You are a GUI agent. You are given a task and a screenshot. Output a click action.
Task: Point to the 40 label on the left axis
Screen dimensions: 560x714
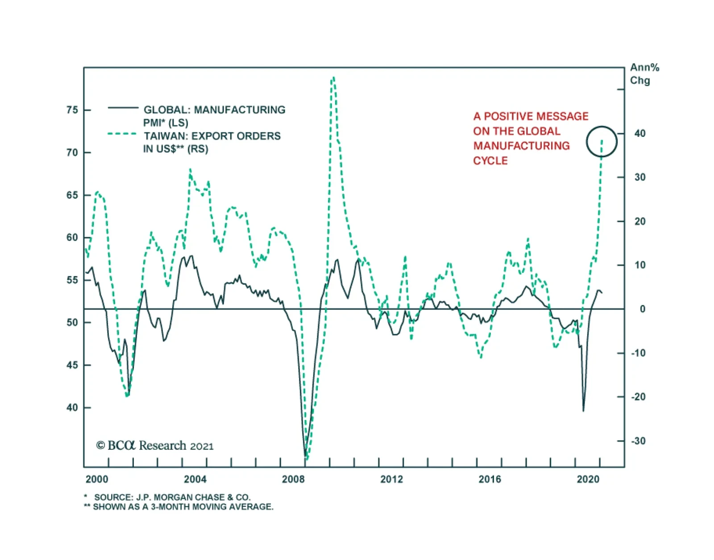coord(72,408)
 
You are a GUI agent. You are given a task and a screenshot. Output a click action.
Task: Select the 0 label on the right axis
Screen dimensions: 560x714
coord(642,309)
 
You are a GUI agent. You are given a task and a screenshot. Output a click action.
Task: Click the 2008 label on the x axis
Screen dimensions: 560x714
coord(293,479)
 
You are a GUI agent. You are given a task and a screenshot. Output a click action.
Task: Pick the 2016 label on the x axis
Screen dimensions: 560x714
coord(490,479)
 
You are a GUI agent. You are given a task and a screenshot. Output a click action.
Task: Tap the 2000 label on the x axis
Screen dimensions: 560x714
coord(97,479)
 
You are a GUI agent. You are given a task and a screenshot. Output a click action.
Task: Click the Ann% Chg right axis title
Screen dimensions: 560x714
coord(644,74)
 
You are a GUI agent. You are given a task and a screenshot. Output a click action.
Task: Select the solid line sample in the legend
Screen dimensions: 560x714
coord(123,107)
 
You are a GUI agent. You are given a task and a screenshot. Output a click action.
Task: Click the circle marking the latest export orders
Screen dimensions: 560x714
coord(602,142)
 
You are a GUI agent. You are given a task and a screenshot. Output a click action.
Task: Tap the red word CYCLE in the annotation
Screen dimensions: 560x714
coord(490,161)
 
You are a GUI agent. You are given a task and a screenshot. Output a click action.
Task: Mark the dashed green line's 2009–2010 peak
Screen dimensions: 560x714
coord(333,78)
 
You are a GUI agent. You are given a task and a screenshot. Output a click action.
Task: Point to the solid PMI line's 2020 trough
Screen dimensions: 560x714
coord(583,411)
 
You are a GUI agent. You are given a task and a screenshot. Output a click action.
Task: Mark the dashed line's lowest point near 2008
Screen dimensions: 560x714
coord(307,459)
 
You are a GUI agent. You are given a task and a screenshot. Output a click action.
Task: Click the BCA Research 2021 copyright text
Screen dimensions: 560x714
coord(155,445)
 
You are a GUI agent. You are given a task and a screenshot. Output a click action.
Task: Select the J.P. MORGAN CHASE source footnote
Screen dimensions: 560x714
coord(172,497)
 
